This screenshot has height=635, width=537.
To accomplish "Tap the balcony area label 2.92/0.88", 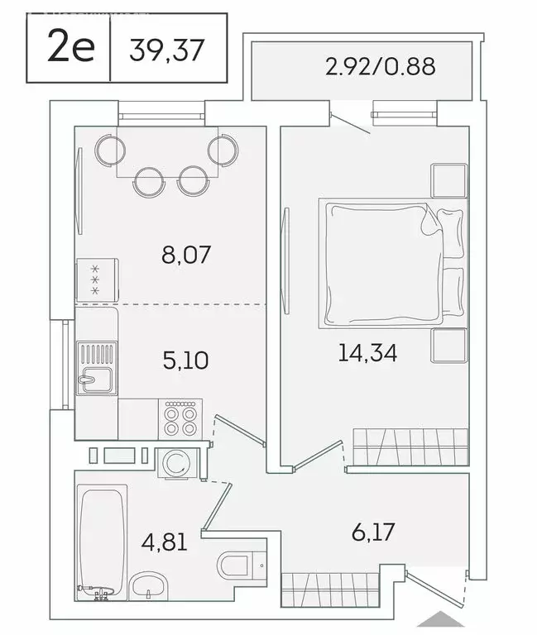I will [x=380, y=67].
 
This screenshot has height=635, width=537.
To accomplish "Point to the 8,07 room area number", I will [x=187, y=254].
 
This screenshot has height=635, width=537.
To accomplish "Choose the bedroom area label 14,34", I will [x=367, y=354].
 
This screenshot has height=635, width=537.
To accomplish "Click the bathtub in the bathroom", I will [x=103, y=538].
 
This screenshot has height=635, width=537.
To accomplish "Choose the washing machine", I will [x=175, y=464].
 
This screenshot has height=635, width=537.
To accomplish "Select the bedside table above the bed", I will [x=448, y=180].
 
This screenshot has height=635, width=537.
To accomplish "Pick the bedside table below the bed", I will [x=448, y=346].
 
